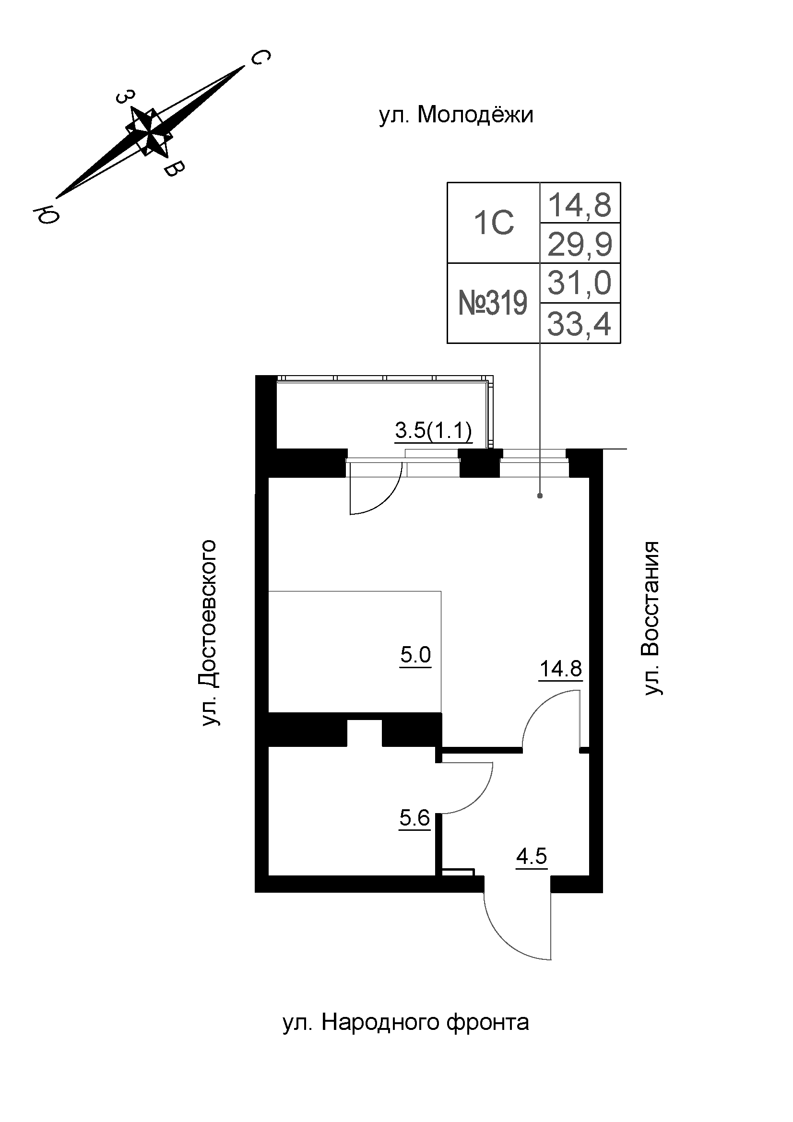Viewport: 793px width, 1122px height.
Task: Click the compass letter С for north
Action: point(260,58)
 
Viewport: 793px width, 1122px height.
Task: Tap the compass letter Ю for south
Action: point(46,214)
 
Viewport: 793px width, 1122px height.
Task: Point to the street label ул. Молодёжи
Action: point(456,116)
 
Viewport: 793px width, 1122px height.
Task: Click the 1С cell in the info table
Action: point(494,224)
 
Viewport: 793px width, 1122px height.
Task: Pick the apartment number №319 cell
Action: point(494,304)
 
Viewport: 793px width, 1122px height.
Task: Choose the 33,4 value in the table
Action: point(580,324)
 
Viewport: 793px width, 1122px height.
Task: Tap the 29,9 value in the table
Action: point(580,244)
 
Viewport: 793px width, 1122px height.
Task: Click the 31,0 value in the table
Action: point(580,283)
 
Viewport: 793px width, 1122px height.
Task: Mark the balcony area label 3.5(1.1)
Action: point(433,431)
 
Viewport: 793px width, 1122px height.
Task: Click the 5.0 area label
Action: point(415,655)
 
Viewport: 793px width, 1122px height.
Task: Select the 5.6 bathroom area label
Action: point(414,817)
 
